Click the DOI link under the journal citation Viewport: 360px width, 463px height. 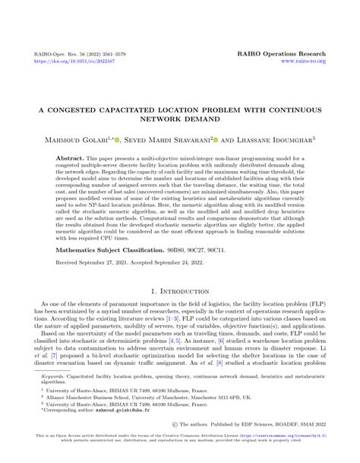click(62, 62)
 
